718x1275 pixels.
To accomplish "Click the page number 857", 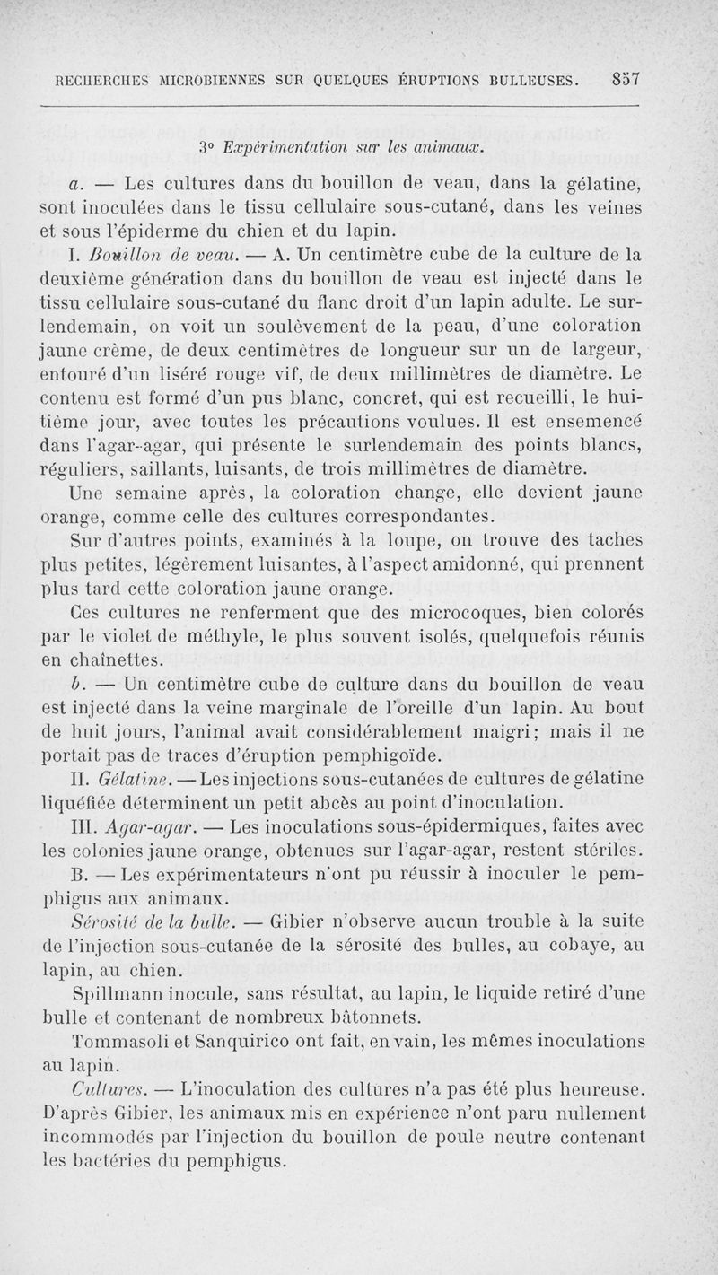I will [621, 78].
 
